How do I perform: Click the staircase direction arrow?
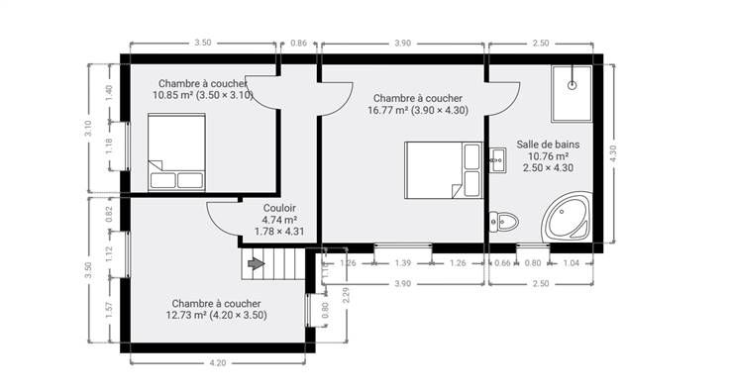[257, 264]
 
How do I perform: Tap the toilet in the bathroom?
[503, 222]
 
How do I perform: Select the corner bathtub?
[568, 217]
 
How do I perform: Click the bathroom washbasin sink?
[497, 160]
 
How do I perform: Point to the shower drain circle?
[573, 85]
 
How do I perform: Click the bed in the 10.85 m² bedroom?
[176, 152]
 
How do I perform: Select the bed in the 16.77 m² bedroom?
[443, 170]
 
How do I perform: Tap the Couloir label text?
[279, 208]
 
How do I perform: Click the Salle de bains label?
[548, 145]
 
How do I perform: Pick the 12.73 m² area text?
[186, 315]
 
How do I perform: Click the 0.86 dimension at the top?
[298, 44]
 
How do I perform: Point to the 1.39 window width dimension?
[403, 263]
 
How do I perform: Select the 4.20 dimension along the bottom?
[218, 362]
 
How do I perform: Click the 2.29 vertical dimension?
[346, 296]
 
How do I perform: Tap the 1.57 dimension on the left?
[109, 311]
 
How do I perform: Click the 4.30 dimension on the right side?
[612, 153]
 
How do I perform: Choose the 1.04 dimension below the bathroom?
[572, 263]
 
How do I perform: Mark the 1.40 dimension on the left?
[109, 93]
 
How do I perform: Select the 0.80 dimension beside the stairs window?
[325, 310]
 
